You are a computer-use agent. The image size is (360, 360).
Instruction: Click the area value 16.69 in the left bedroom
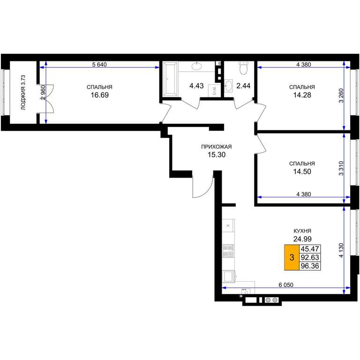pos(100,95)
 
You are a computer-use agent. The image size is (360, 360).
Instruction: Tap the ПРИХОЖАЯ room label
pos(217,147)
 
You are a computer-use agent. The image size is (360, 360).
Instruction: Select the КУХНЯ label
pos(302,231)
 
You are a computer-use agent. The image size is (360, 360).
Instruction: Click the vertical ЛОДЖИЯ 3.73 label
pos(23,92)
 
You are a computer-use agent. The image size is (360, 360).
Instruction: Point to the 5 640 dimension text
pos(99,65)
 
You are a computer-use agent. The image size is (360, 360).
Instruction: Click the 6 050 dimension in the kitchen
pos(286,285)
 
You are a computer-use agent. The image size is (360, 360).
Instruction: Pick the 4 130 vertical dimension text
pos(341,250)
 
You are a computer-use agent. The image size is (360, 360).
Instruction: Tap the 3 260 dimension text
pos(341,96)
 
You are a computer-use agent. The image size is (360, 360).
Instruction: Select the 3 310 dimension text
pos(341,168)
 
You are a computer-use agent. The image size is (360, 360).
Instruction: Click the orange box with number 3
pos(292,257)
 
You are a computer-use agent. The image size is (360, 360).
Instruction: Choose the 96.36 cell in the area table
pos(310,266)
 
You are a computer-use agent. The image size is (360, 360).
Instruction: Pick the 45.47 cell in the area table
pos(310,248)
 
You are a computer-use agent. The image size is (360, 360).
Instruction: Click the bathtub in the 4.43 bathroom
pos(170,79)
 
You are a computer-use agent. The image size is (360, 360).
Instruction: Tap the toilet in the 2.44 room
pos(243,67)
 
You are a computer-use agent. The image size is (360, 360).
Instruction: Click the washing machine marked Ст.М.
pos(214,90)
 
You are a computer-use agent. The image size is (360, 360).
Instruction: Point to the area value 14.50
pos(302,171)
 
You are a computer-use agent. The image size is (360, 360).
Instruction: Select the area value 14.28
pos(302,95)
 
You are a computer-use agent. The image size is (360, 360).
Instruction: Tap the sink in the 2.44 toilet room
pos(228,86)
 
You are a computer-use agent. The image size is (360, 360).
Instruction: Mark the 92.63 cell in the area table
pos(310,257)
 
